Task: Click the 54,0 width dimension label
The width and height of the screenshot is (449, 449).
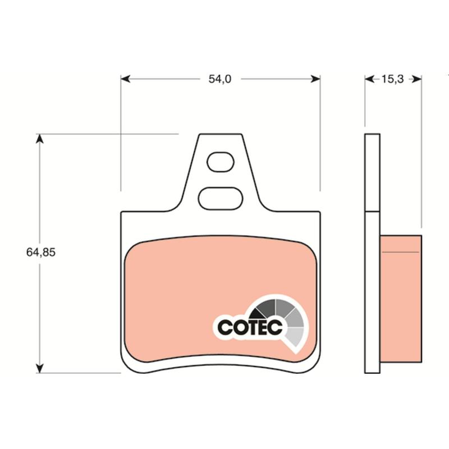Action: [219, 79]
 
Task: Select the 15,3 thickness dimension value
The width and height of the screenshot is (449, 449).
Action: [392, 79]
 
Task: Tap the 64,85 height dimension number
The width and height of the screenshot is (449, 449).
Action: [40, 252]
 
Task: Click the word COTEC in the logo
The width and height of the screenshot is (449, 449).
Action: [250, 327]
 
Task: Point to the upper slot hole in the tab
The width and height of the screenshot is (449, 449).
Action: [221, 162]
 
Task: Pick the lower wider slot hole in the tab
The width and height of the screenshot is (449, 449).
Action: [221, 199]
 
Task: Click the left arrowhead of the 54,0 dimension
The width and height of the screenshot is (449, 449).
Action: [125, 79]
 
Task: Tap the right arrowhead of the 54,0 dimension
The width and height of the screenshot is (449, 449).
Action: [315, 79]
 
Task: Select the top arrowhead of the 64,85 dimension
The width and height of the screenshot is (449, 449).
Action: [39, 139]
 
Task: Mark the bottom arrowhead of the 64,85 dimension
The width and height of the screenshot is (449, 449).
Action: [39, 368]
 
